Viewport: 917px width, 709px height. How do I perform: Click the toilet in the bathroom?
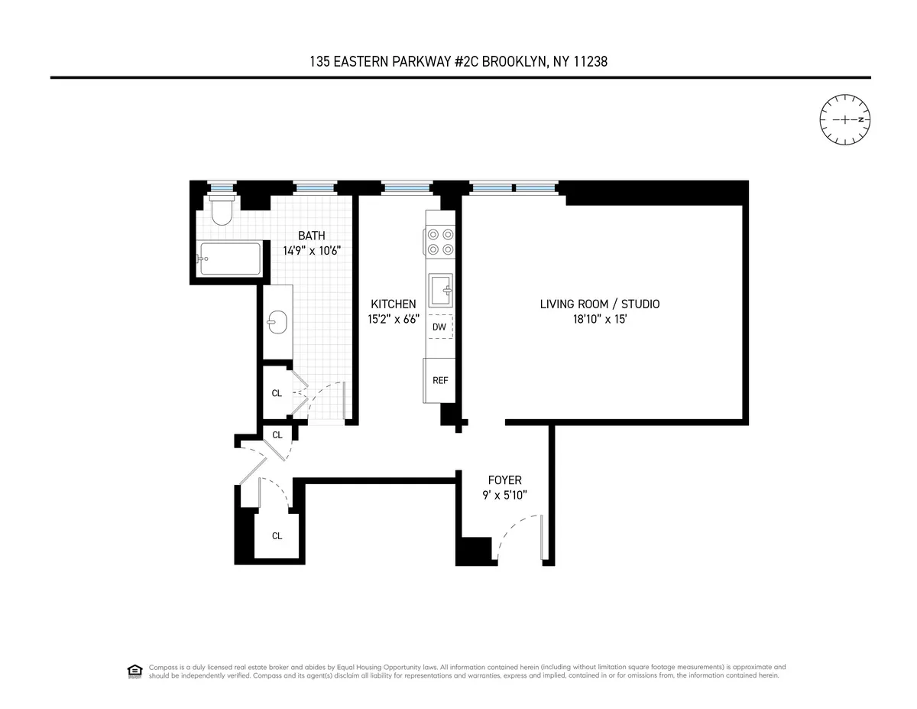click(222, 210)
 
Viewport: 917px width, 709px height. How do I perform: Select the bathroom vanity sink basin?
click(276, 323)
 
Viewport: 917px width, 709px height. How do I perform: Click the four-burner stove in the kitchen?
click(440, 242)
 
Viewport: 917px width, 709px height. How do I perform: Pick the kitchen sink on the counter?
click(441, 291)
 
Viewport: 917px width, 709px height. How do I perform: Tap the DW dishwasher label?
click(439, 327)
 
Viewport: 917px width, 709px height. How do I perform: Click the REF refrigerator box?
click(440, 380)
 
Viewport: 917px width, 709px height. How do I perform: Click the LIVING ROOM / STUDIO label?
click(600, 304)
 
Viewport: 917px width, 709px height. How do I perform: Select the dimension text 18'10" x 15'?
click(600, 320)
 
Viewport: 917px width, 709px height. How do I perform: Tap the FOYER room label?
click(504, 480)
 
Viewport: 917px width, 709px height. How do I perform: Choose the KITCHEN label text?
click(394, 304)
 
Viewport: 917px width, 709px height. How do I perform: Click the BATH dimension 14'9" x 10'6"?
click(311, 249)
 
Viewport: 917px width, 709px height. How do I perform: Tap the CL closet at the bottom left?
click(277, 535)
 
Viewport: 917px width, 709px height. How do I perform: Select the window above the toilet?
click(222, 187)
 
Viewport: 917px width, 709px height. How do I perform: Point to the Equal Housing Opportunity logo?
click(134, 671)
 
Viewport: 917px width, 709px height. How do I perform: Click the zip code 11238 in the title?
click(591, 61)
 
